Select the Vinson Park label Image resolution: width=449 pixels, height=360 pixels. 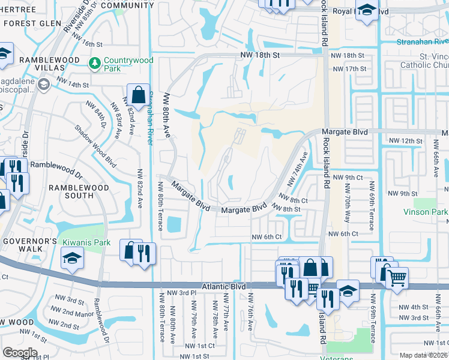pyautogui.click(x=426, y=212)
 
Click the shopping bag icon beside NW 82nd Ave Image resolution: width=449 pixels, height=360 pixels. pyautogui.click(x=138, y=94)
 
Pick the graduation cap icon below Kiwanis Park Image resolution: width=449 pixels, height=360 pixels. pyautogui.click(x=72, y=259)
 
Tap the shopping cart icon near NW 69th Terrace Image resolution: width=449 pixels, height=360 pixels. pyautogui.click(x=396, y=278)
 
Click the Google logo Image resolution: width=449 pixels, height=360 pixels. pyautogui.click(x=20, y=352)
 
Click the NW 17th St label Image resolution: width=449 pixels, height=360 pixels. pyautogui.click(x=352, y=69)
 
